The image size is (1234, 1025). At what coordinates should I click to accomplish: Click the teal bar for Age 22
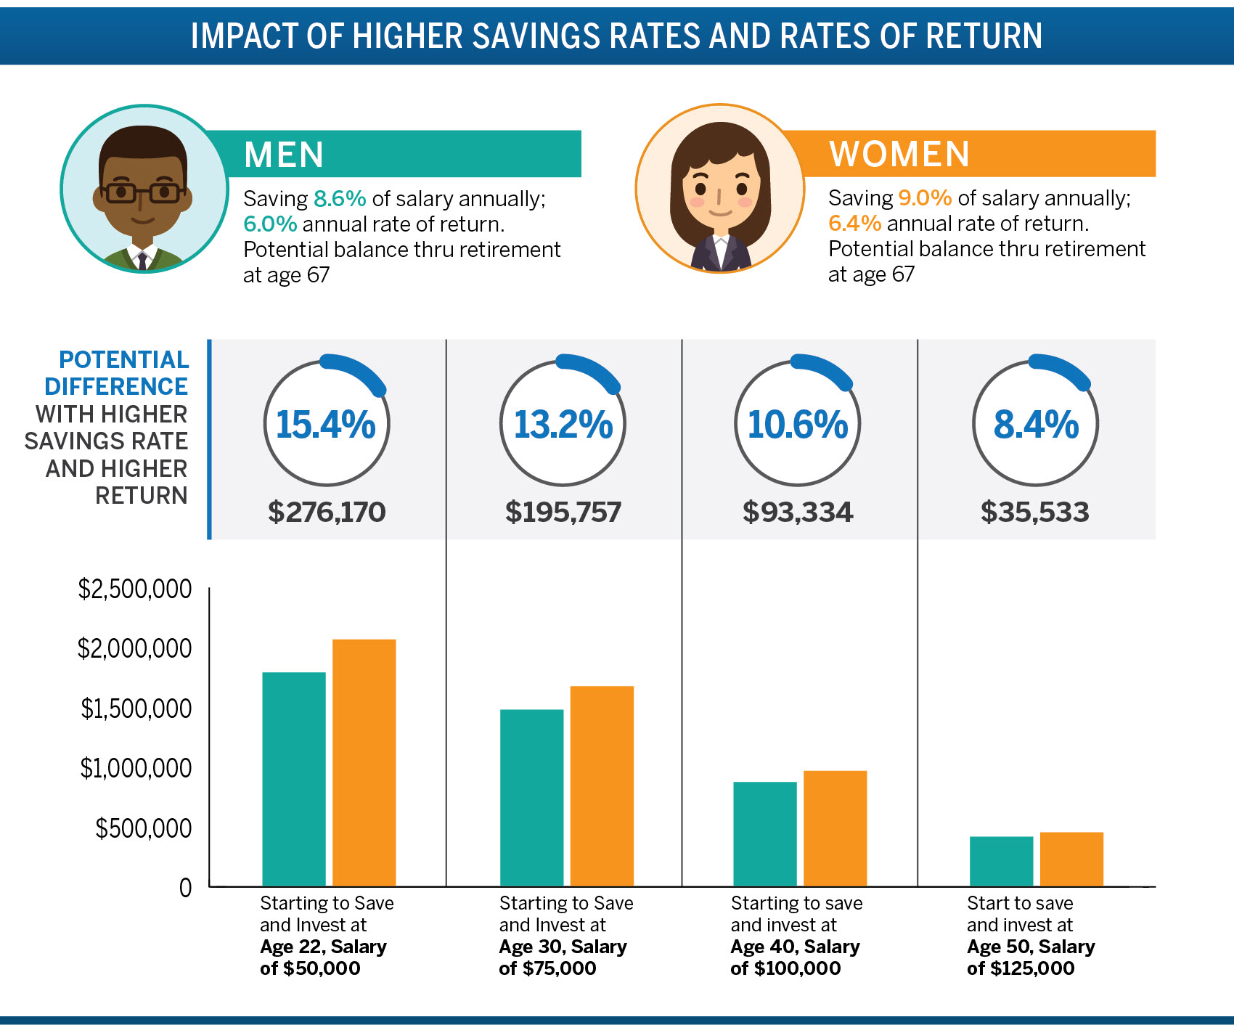[x=293, y=778]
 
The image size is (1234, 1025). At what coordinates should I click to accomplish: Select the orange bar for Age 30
[x=602, y=785]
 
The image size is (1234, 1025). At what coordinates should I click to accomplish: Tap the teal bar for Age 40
[x=764, y=833]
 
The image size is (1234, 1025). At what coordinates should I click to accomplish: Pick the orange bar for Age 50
[x=1071, y=859]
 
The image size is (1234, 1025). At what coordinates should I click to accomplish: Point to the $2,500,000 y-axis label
[x=135, y=589]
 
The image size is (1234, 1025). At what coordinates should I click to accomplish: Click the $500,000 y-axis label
[x=144, y=828]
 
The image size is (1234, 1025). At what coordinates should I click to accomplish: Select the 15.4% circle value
[x=326, y=425]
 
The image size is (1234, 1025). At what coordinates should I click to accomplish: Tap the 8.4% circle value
[x=1036, y=425]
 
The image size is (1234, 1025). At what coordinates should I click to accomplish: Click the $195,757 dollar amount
[x=563, y=512]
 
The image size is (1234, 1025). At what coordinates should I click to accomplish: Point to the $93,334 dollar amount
[x=798, y=512]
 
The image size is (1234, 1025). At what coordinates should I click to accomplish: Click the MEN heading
[x=284, y=155]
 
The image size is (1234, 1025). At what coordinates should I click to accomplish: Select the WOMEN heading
[x=899, y=154]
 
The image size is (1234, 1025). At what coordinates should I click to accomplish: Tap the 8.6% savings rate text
[x=340, y=199]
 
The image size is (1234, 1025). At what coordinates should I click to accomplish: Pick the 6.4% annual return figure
[x=854, y=223]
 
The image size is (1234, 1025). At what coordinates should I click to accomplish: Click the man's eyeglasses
[x=142, y=193]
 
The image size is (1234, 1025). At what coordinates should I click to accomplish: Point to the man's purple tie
[x=142, y=260]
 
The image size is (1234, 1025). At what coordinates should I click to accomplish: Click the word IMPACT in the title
[x=243, y=36]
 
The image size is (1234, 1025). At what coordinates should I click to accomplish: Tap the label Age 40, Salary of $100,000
[x=795, y=957]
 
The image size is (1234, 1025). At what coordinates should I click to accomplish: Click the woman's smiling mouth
[x=720, y=213]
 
